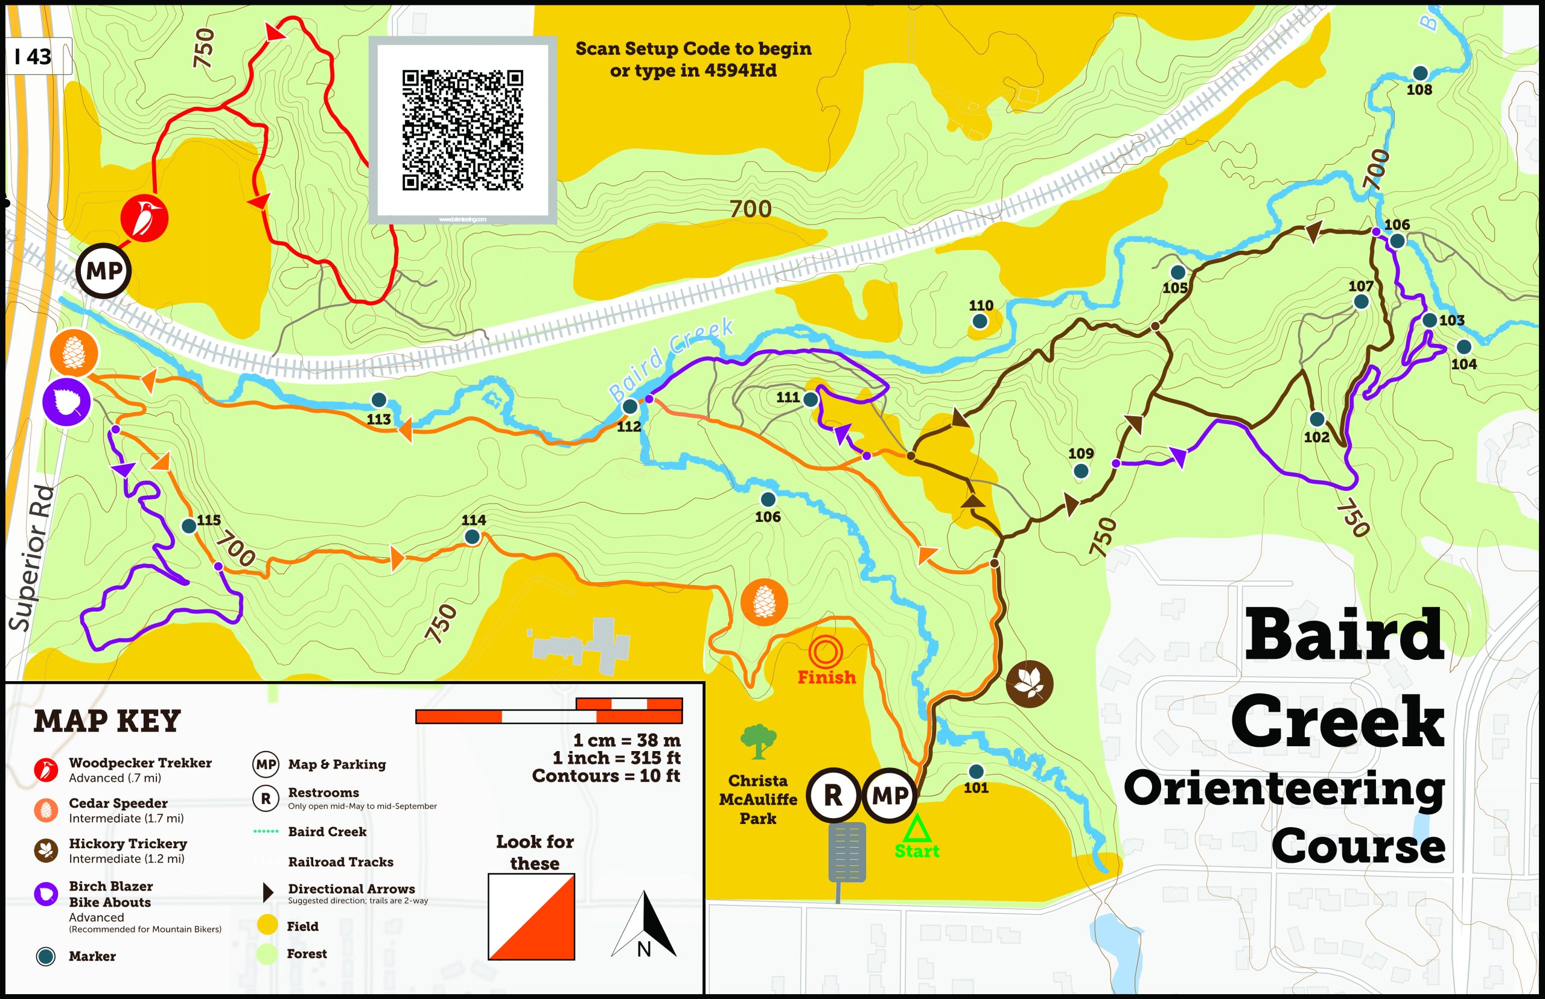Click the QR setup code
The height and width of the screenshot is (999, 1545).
tap(462, 130)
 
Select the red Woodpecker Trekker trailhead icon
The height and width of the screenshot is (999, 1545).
tap(144, 217)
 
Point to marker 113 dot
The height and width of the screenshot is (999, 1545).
tap(378, 400)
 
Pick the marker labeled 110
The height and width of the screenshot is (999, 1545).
tap(980, 320)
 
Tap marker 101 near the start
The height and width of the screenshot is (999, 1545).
tap(975, 772)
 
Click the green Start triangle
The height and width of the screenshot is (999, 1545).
tap(917, 829)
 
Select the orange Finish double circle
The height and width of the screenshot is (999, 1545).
tap(826, 653)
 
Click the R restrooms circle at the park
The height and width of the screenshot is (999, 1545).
tap(833, 794)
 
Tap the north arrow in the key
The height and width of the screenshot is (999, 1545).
tap(644, 925)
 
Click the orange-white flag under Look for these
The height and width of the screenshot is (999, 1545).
tap(532, 916)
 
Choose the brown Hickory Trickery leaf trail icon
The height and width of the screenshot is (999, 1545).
tap(1029, 683)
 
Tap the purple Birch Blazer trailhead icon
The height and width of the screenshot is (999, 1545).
tap(66, 403)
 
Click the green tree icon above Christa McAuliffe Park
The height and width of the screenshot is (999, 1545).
tap(758, 741)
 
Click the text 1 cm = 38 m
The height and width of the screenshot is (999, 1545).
tap(626, 740)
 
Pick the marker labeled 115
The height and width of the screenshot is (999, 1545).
tap(189, 525)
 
